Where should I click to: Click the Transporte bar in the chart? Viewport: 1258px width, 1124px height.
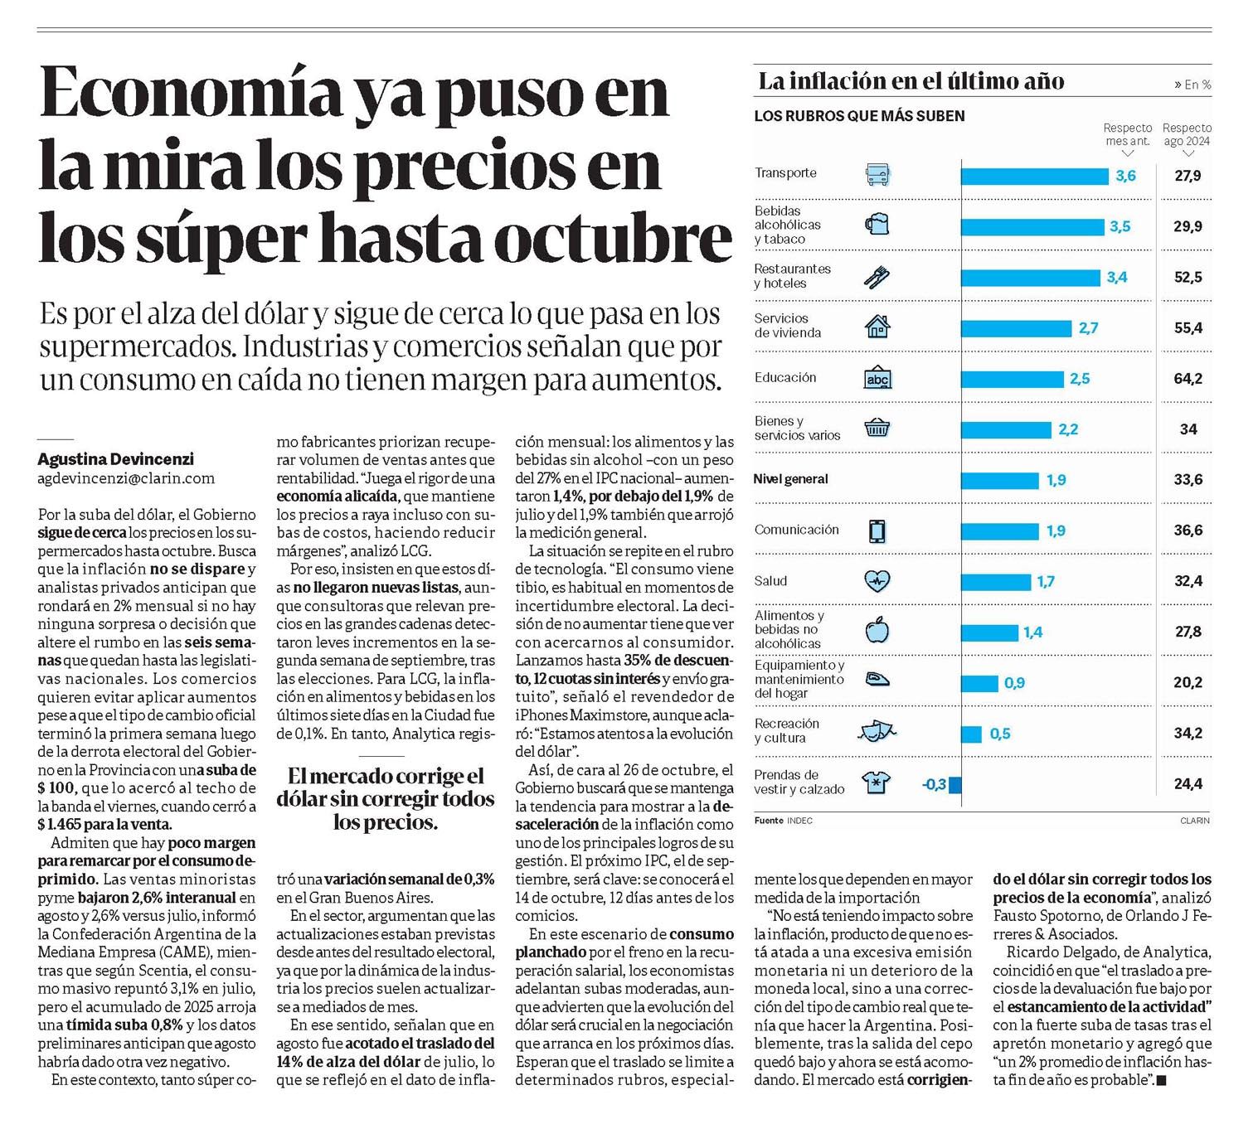(1034, 176)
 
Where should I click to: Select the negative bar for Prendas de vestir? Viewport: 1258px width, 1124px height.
(955, 784)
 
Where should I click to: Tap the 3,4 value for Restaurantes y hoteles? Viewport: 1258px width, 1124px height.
(1116, 278)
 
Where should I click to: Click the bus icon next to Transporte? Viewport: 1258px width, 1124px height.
(877, 175)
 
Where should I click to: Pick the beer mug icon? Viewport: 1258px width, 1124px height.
(877, 225)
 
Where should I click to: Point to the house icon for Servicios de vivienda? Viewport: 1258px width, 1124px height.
(877, 327)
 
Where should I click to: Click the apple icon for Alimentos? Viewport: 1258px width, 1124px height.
(877, 631)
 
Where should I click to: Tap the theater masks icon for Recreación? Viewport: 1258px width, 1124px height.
(877, 731)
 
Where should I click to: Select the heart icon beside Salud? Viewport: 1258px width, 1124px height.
(877, 581)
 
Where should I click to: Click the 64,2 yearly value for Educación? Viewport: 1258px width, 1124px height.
(1188, 379)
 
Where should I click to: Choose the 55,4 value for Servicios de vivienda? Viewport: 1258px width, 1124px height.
(1188, 328)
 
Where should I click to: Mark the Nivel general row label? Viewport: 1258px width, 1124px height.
(790, 479)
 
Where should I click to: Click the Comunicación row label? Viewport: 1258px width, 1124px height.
(796, 530)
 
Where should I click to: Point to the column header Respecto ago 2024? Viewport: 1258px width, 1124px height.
(1187, 134)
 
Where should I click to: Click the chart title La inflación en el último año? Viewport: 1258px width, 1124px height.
(911, 81)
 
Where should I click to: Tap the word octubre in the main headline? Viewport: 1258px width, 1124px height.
(613, 237)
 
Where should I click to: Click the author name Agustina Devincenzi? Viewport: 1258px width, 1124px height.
(115, 459)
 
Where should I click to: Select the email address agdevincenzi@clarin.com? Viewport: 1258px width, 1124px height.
(126, 478)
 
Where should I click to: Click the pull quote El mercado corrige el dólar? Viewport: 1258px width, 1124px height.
(385, 799)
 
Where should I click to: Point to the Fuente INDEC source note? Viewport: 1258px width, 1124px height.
(783, 821)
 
